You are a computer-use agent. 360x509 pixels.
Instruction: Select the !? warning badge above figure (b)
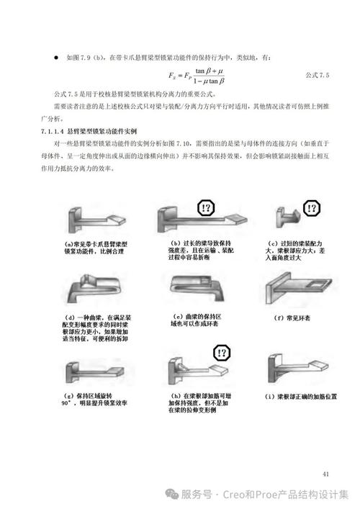(207, 208)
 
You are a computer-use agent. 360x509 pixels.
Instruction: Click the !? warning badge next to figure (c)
(312, 210)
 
